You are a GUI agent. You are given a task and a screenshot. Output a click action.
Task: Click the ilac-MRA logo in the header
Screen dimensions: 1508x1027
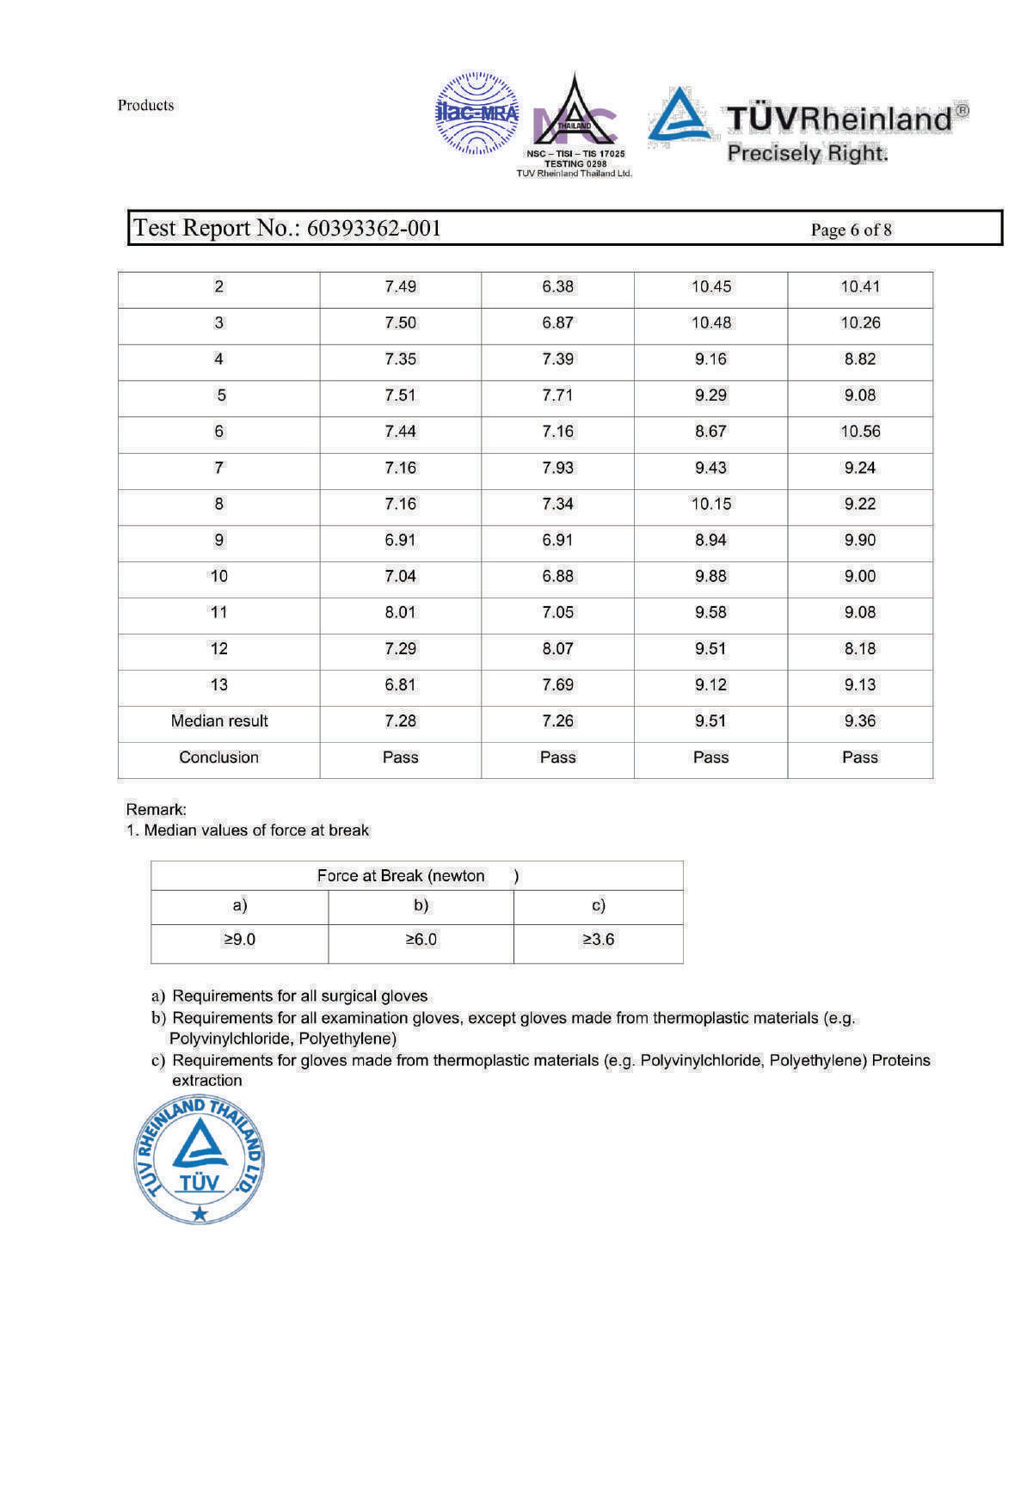click(477, 113)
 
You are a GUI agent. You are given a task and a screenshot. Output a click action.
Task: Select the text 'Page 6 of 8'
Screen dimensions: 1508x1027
click(851, 230)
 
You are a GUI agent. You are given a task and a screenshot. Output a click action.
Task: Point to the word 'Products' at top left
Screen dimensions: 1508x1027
click(145, 105)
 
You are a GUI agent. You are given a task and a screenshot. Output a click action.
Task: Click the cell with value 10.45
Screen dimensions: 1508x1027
click(710, 286)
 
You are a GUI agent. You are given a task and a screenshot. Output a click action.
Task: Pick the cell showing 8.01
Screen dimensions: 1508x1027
click(400, 612)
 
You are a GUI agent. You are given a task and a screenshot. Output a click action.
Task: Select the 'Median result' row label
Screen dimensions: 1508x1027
click(219, 720)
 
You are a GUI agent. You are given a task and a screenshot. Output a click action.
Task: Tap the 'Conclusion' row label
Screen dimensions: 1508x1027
click(218, 757)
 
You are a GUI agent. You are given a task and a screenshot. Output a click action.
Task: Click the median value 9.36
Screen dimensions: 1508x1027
click(859, 720)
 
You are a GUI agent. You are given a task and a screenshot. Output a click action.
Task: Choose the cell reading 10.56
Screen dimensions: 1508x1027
click(860, 431)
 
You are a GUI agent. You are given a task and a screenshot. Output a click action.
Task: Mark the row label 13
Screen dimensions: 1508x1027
click(218, 684)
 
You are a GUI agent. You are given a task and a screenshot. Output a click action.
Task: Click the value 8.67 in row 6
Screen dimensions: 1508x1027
click(710, 431)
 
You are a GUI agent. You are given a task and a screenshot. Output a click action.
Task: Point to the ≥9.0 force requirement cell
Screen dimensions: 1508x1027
click(239, 939)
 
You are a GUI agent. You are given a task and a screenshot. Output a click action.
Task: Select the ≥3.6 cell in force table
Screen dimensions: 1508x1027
click(598, 939)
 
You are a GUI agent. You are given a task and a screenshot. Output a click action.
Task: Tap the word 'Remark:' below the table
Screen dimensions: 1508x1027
click(156, 809)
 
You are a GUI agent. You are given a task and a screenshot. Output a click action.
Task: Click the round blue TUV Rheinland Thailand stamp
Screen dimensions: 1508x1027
click(200, 1160)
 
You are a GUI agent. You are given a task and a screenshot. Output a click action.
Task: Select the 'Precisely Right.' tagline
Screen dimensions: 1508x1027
click(807, 153)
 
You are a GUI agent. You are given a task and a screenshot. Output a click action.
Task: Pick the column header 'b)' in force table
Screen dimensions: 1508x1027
click(421, 904)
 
